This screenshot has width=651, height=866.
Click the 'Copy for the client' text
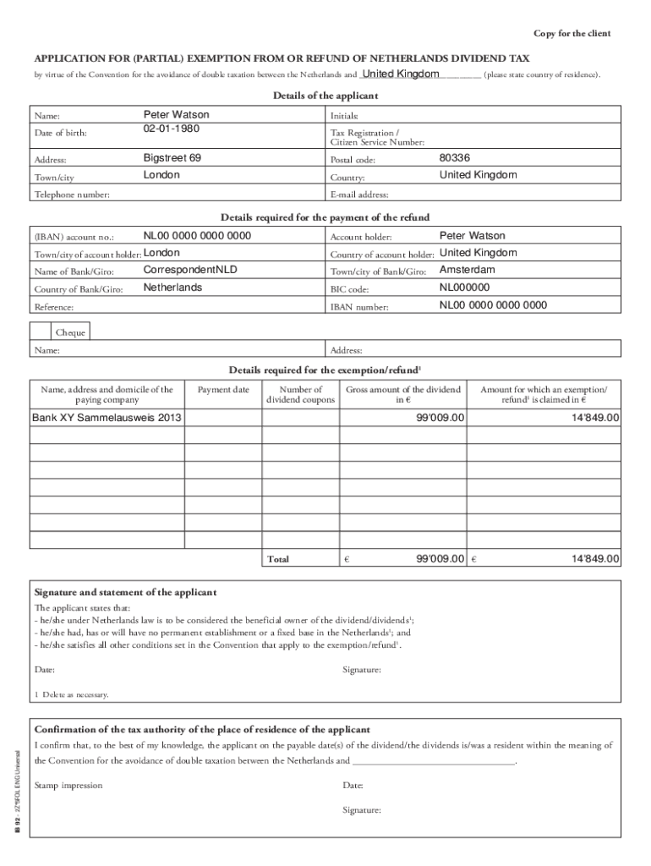click(572, 34)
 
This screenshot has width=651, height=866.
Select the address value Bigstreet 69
click(172, 158)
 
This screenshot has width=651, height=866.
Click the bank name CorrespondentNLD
click(191, 270)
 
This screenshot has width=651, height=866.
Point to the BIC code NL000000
click(464, 288)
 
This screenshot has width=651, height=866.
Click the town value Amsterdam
click(467, 270)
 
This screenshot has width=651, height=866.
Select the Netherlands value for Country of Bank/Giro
click(172, 288)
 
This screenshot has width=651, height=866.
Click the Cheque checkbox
click(41, 332)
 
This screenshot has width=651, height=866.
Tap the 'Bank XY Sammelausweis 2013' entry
click(107, 418)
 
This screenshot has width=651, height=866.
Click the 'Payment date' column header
click(223, 390)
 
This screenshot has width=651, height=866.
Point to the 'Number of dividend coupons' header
click(301, 395)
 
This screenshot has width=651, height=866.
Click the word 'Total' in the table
click(278, 559)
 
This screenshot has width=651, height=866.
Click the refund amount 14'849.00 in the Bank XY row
click(595, 418)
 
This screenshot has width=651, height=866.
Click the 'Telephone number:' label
click(71, 195)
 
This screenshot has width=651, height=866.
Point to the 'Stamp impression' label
click(68, 786)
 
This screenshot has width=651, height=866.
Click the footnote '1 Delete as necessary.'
click(72, 694)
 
